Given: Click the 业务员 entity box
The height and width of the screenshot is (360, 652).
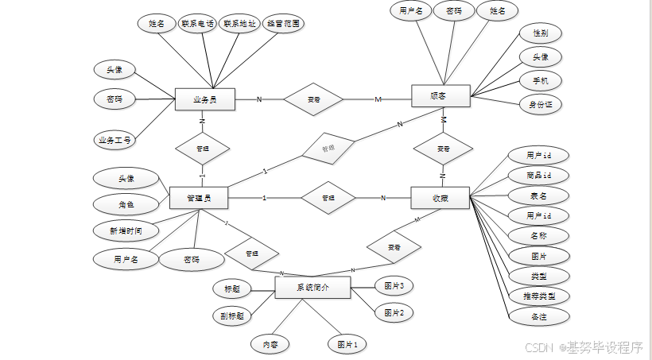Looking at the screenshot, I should point(204,99).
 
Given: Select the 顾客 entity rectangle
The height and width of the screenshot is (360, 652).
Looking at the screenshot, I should point(440,96).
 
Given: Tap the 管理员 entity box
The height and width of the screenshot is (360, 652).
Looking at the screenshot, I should point(199,197).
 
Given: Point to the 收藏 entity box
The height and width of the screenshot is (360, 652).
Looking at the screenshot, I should point(440,198).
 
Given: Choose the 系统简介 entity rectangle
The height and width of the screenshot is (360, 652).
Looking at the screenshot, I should point(312,287).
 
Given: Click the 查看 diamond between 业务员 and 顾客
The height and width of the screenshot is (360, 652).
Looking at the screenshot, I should point(313,99).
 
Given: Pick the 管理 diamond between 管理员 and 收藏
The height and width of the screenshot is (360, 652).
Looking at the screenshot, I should point(327,197).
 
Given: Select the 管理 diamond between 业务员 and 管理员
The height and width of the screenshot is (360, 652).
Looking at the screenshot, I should point(202,148).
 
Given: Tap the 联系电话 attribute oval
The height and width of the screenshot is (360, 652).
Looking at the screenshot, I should point(197,24).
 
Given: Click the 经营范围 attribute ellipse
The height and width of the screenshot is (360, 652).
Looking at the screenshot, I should point(283,24).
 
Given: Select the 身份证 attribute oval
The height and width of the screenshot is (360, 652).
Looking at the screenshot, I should point(540,103).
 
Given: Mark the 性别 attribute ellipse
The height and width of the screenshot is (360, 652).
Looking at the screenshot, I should point(540,33).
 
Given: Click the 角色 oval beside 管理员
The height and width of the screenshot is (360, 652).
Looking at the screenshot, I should point(126,204).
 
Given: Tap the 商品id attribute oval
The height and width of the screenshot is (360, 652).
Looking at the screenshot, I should point(538,175).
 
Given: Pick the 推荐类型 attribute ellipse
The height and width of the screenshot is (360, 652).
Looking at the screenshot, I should point(538,296).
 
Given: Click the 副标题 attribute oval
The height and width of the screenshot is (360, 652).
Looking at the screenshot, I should point(232,315).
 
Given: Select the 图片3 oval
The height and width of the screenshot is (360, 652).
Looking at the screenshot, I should point(394,285).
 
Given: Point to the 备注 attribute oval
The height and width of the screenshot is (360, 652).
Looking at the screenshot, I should point(538,315).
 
